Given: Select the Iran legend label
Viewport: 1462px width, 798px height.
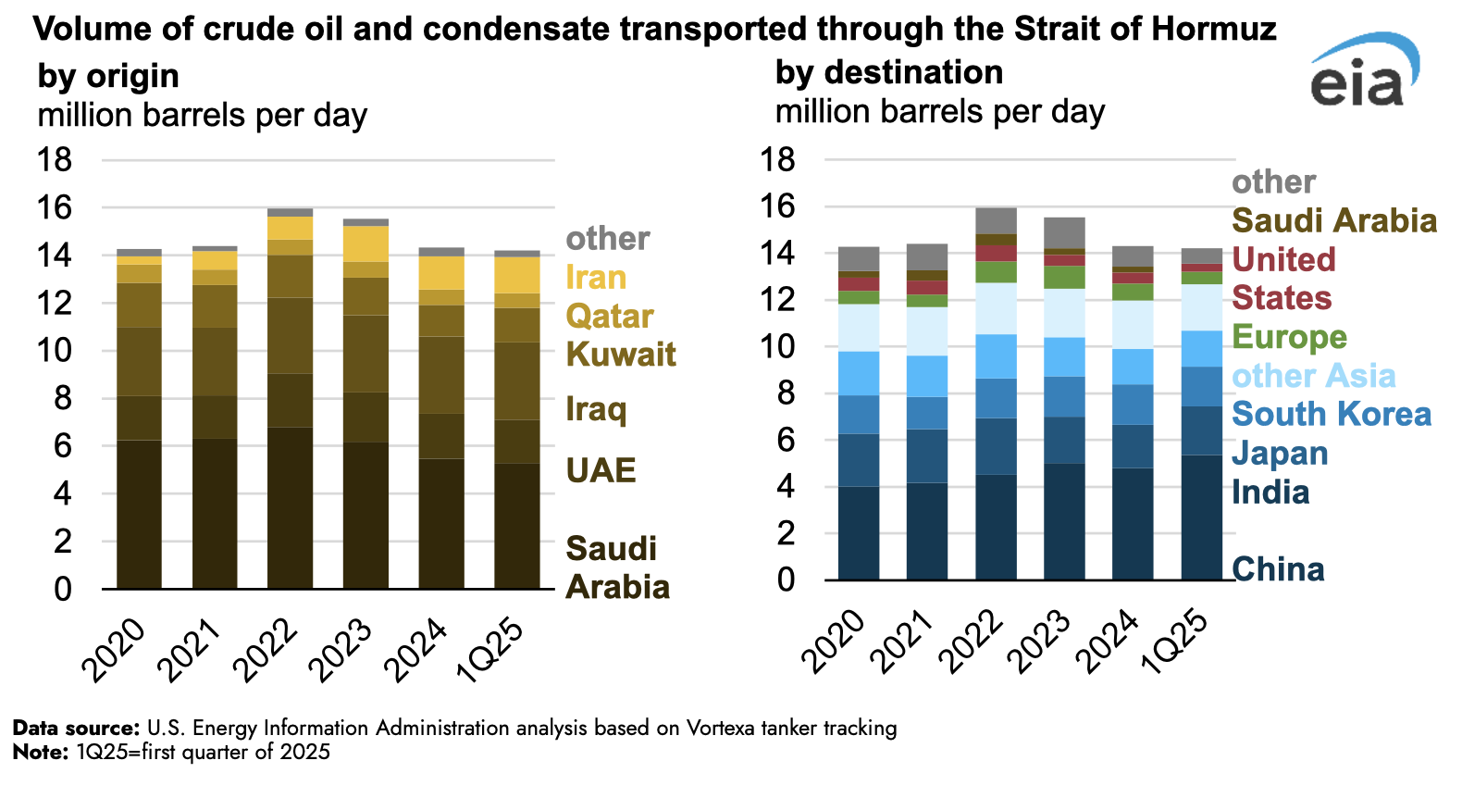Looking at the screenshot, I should point(596,277).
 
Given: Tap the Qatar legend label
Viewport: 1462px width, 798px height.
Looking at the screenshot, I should point(610,316).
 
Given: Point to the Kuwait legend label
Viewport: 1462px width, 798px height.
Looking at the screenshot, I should point(621,355).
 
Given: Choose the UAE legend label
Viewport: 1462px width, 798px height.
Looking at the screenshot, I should point(601,470).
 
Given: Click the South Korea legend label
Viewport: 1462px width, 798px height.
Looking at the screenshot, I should point(1332,414).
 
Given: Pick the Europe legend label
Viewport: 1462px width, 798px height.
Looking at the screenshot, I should point(1289,337).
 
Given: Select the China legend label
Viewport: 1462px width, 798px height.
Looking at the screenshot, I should point(1278,569).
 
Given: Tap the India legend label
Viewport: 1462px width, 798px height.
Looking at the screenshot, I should point(1270,492).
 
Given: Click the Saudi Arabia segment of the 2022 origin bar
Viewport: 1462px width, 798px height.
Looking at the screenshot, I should point(291,507).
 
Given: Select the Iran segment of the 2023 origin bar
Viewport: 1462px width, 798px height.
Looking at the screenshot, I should point(365,243).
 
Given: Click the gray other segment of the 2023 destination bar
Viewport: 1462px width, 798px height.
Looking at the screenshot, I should point(1064,232).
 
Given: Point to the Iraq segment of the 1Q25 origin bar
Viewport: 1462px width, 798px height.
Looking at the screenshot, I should point(516,380).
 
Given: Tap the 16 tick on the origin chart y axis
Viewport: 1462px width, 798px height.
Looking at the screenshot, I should point(55,207).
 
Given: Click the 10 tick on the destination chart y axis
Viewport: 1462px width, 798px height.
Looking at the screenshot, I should point(777,346).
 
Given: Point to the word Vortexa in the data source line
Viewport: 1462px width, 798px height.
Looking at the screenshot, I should point(720,728).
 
